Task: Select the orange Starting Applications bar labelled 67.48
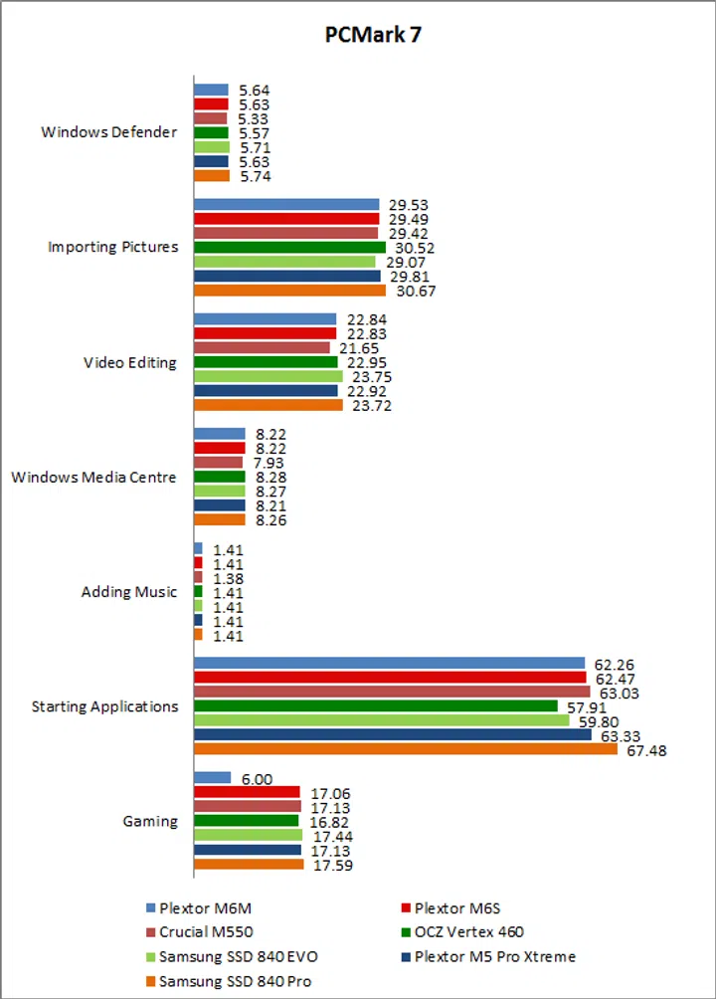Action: (405, 749)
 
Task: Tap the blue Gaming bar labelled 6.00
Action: (212, 778)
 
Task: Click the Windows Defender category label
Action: (109, 132)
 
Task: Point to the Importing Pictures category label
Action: (113, 247)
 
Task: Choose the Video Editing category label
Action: (130, 362)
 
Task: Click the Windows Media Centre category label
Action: (94, 478)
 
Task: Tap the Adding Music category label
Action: (129, 592)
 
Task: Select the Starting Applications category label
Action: (105, 706)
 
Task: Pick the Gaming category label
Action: (150, 822)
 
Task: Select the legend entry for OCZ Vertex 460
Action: (467, 932)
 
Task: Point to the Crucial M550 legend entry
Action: (206, 932)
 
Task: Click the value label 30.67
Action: (417, 292)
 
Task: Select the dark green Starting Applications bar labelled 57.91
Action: (375, 706)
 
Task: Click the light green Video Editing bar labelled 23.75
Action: (268, 377)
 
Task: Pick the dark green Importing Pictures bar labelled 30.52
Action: (289, 248)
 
